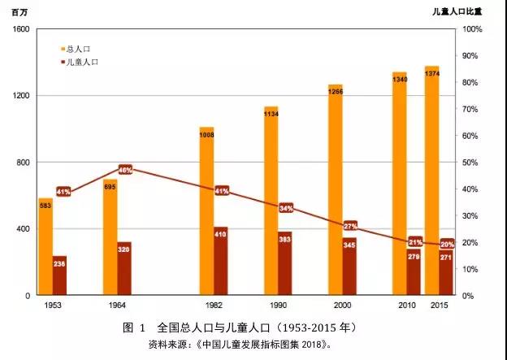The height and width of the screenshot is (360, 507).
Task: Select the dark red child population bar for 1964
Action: click(x=124, y=268)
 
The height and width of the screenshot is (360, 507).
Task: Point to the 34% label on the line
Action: click(x=286, y=208)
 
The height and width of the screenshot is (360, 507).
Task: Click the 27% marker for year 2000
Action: click(x=350, y=225)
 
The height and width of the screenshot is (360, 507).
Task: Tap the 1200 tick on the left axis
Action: click(x=22, y=96)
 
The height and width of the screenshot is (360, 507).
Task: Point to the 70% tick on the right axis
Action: click(x=471, y=109)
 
